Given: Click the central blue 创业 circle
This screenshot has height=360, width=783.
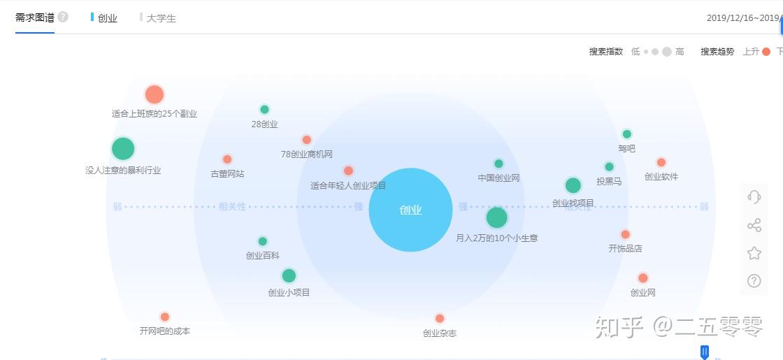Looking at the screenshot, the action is (x=410, y=210).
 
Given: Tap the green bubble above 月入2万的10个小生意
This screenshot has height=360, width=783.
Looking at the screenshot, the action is (x=496, y=217).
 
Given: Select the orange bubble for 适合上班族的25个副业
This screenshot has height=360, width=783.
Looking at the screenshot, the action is (x=154, y=94).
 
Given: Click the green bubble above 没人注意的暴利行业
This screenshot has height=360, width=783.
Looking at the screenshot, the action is (x=122, y=148).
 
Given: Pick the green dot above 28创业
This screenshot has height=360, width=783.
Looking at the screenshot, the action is (x=264, y=109).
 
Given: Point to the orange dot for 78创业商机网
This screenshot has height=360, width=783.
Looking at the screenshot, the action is (x=306, y=140).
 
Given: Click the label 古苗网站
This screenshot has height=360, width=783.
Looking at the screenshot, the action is (x=227, y=173).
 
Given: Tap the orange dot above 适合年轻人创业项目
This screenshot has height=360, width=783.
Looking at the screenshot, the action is (x=348, y=171).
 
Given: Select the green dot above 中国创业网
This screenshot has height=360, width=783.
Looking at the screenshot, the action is (x=498, y=164).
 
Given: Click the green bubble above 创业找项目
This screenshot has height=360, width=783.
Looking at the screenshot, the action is (x=573, y=185).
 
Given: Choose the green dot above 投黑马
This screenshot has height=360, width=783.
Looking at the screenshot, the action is (x=609, y=166).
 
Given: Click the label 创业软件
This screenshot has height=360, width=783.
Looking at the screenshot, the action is (x=661, y=177).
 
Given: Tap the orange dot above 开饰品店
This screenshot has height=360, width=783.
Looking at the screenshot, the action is (x=625, y=234).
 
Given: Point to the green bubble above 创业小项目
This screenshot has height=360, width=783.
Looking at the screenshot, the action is (x=289, y=275).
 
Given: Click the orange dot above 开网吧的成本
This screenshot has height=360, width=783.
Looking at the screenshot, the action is (x=165, y=317).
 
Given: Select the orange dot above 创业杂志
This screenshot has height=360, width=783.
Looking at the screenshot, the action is (x=440, y=318).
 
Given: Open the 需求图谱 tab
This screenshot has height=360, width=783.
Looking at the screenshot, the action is (x=35, y=17).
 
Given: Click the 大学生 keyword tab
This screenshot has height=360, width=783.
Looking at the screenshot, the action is (x=161, y=18).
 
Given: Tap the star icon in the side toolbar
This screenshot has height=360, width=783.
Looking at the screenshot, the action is (x=754, y=253).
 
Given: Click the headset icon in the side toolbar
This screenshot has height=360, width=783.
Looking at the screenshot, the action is (x=754, y=197).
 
